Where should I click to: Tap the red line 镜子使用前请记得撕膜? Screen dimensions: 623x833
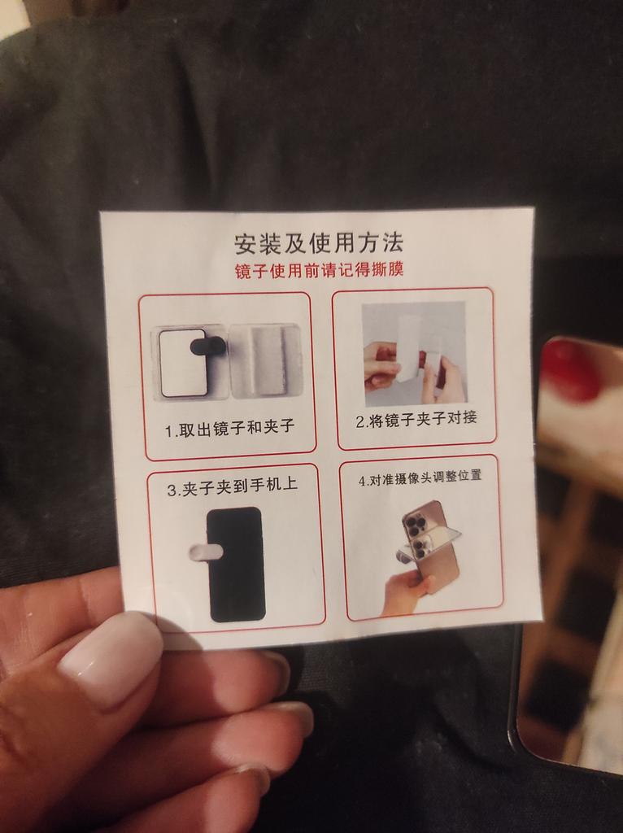coord(319,270)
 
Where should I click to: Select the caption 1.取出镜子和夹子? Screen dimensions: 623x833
coord(229,428)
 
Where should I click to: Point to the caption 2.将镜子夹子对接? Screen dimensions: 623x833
coord(416,420)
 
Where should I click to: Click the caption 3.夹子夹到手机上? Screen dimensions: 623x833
coord(233,487)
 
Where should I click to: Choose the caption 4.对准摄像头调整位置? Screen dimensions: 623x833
coord(420,477)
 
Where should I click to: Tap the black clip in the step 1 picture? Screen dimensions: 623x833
coord(208,347)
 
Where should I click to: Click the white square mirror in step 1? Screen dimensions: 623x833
coord(183,363)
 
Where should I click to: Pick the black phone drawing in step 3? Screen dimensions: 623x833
coord(236,565)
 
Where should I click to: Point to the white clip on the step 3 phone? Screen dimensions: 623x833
coord(205,552)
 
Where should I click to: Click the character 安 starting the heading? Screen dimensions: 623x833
coord(246,244)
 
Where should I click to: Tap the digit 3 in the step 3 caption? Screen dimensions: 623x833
coord(171,491)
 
